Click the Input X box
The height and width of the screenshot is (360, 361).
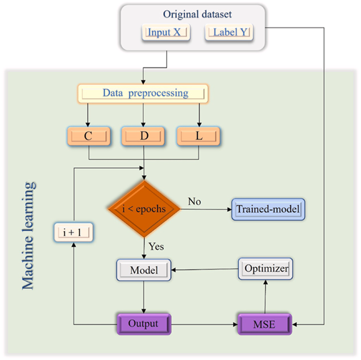164,33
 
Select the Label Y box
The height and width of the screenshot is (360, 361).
230,33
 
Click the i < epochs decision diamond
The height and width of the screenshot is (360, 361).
143,209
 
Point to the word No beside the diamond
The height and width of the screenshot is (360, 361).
194,202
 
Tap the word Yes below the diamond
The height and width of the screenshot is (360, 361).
157,247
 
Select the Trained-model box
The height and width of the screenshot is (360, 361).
268,209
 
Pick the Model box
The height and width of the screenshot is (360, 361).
144,270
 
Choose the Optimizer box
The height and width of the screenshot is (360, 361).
266,268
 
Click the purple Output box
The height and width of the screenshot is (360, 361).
143,324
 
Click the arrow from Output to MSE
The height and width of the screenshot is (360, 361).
205,325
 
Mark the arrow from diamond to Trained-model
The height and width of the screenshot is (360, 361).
205,209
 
